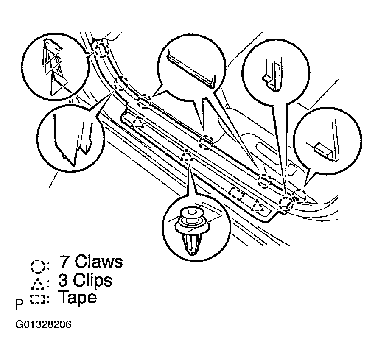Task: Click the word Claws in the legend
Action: [99, 262]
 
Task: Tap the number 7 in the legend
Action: [64, 262]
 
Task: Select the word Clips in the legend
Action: [93, 280]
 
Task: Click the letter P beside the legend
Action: [19, 305]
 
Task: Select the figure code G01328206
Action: [43, 325]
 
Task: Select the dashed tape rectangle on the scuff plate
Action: [236, 194]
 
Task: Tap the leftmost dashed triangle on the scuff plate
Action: [137, 123]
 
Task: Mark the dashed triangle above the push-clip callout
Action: [186, 156]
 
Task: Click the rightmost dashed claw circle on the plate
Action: [300, 196]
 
